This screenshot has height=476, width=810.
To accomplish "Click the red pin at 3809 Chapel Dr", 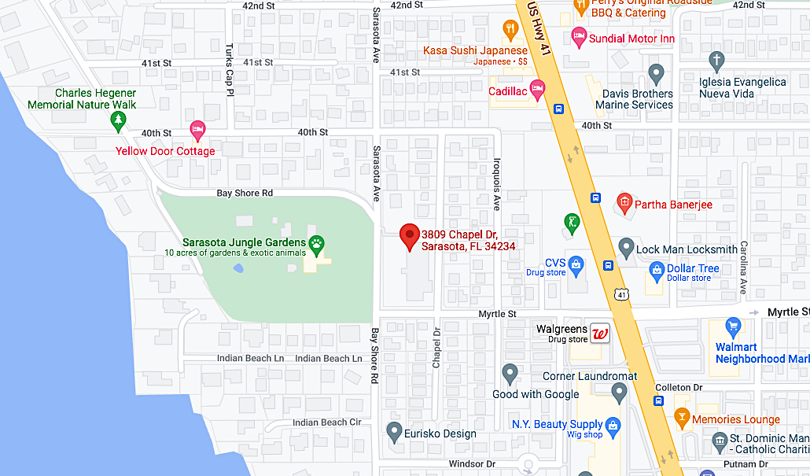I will (x=409, y=235).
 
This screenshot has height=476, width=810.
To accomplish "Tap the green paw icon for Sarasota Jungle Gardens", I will (x=318, y=244).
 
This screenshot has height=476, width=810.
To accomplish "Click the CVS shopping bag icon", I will (x=576, y=264).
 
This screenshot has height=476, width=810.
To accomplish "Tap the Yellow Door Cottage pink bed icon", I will (x=197, y=128).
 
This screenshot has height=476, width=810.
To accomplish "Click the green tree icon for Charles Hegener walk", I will (x=118, y=120).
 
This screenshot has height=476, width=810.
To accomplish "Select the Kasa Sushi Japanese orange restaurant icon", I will (x=510, y=31).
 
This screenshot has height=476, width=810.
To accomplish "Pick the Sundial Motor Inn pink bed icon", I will (x=579, y=35).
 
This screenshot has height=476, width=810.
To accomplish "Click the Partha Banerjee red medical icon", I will (x=624, y=203).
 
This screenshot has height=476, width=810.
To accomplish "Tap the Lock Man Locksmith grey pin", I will (x=626, y=248).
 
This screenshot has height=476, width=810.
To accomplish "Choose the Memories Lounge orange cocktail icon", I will (x=681, y=418).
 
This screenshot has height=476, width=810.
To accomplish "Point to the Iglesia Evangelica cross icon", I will (x=716, y=59).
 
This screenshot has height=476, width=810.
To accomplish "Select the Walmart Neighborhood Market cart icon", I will (x=733, y=327).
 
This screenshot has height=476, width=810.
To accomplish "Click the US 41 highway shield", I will (x=622, y=294).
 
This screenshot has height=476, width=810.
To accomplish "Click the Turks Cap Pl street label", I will (x=230, y=81).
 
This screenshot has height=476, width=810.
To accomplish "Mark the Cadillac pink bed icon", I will (x=538, y=87).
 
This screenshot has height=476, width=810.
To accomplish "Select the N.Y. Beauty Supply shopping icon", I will (x=614, y=426).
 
